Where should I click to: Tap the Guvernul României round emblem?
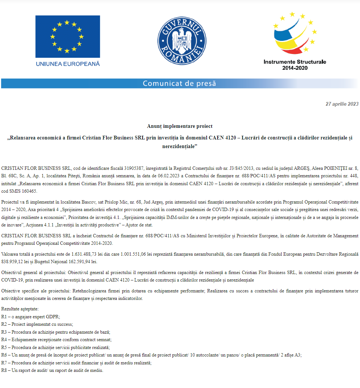(x=181, y=39)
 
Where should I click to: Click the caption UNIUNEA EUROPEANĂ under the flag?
(x=68, y=64)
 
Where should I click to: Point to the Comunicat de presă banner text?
(x=179, y=83)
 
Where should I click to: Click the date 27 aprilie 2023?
(x=342, y=104)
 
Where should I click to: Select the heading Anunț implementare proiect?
(x=180, y=126)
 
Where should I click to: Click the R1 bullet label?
(x=4, y=316)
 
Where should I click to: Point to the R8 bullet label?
(x=4, y=370)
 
